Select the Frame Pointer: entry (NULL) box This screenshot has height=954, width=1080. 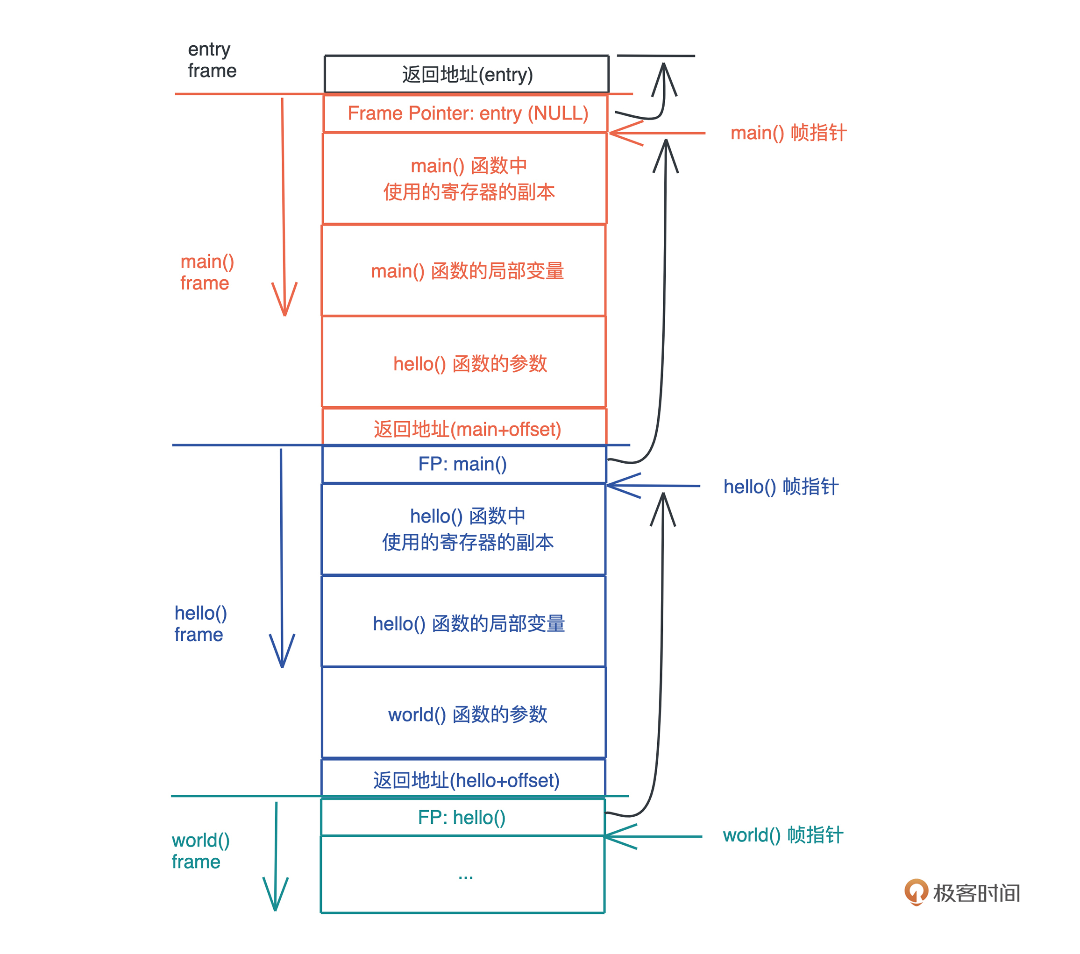point(467,113)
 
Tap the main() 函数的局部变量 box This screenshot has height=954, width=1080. point(465,270)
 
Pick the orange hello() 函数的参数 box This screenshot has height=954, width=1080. point(465,363)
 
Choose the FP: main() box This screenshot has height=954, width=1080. point(464,464)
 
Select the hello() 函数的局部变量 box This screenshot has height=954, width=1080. point(465,622)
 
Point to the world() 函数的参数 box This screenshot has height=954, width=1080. point(465,713)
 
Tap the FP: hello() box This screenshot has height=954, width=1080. point(463,817)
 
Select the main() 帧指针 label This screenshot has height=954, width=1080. point(788,133)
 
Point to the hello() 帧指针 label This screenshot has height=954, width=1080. point(781,487)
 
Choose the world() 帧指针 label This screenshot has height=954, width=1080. point(782,835)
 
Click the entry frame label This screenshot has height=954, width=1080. point(211,60)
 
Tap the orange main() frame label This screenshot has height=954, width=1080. point(206,272)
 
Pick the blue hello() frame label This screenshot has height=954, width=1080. point(200,623)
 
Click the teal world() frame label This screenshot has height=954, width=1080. point(200,850)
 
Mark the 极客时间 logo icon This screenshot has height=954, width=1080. point(916,892)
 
